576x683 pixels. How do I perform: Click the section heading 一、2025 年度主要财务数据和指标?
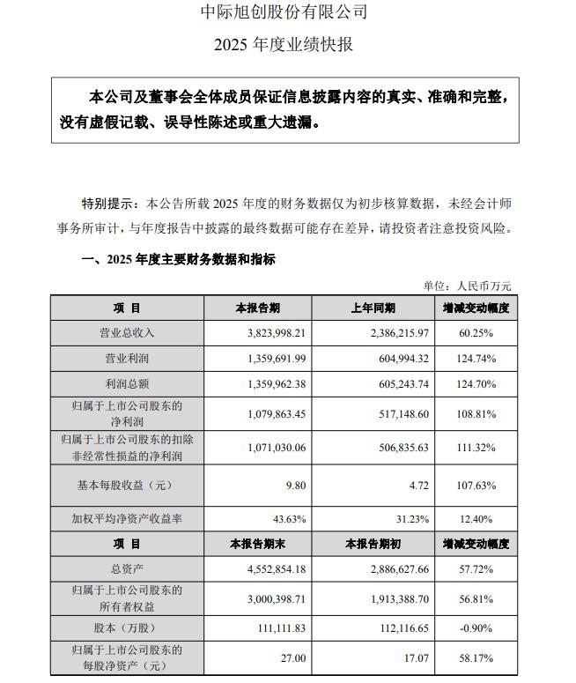click(178, 259)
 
